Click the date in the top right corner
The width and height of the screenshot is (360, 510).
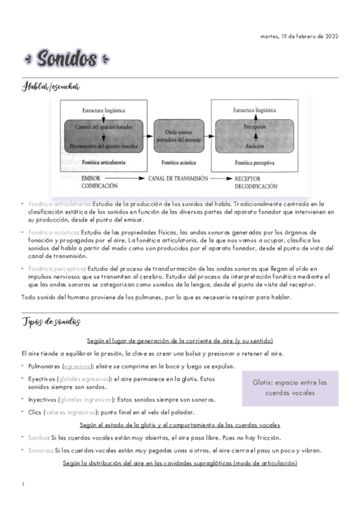point(299,36)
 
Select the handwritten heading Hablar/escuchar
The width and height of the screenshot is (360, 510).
point(50,88)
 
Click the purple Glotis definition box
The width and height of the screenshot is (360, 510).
point(290,387)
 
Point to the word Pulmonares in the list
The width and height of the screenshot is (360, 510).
point(43,366)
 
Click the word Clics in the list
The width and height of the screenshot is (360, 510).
point(34,412)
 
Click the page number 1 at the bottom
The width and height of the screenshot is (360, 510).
point(22,484)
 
